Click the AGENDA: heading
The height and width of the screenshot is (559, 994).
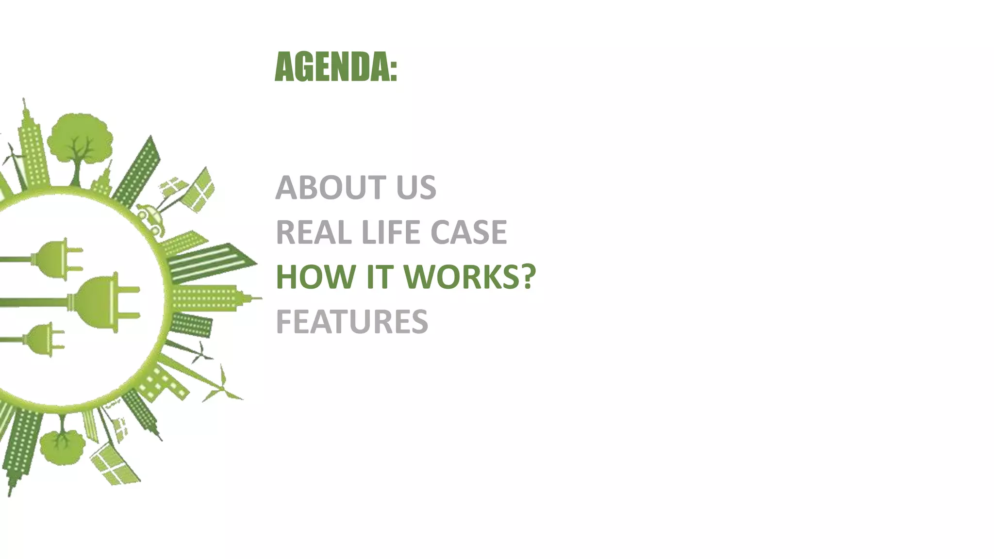pyautogui.click(x=336, y=67)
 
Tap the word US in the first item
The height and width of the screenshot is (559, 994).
pyautogui.click(x=416, y=188)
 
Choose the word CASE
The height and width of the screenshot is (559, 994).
pyautogui.click(x=468, y=232)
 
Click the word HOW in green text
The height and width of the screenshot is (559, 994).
pyautogui.click(x=315, y=277)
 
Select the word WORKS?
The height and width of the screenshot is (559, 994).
pyautogui.click(x=469, y=277)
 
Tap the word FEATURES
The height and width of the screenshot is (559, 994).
pyautogui.click(x=352, y=322)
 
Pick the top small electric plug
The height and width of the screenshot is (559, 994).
pyautogui.click(x=58, y=259)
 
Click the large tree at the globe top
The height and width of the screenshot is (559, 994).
pyautogui.click(x=80, y=141)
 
